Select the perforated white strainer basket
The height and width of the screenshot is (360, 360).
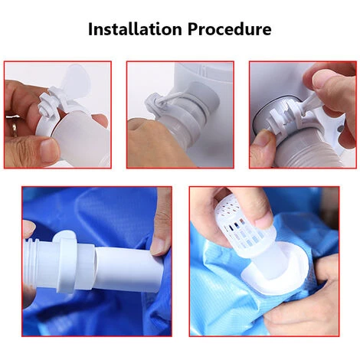(244, 221)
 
